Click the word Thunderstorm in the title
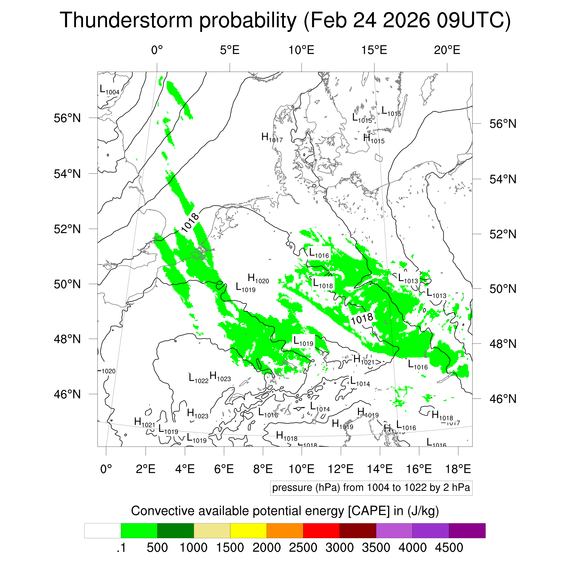click(126, 21)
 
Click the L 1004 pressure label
click(109, 90)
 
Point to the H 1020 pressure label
click(258, 279)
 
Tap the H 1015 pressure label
click(373, 139)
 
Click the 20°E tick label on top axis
click(447, 50)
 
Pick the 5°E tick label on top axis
click(230, 50)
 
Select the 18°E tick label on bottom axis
click(458, 469)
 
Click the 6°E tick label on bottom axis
click(224, 469)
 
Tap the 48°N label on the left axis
click(67, 339)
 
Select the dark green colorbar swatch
click(175, 531)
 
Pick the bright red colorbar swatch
click(321, 531)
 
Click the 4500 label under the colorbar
click(449, 548)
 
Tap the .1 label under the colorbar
click(121, 548)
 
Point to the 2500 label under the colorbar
click(303, 548)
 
